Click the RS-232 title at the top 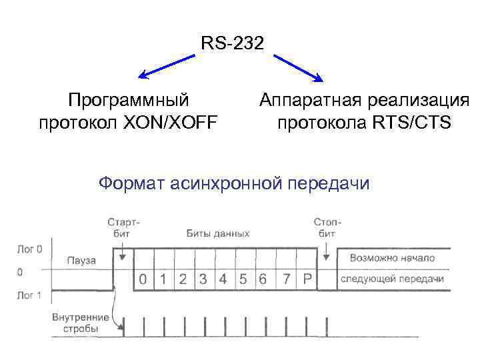233,44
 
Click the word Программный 129,100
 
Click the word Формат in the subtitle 131,182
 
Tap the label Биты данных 218,233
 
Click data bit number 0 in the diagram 142,279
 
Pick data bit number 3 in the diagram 203,279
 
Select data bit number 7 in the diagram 285,279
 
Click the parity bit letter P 307,279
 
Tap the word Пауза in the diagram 81,259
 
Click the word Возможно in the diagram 364,258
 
